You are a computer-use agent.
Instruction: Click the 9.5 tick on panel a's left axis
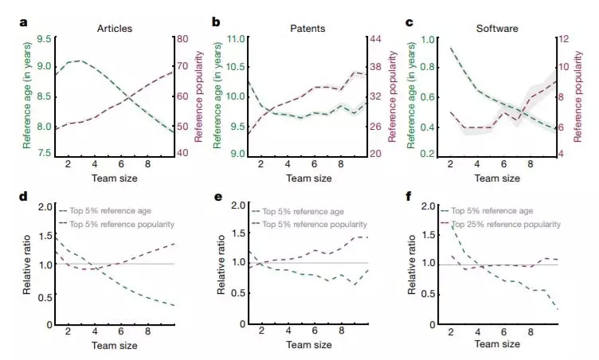[45, 39]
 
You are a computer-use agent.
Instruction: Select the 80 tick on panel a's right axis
[181, 39]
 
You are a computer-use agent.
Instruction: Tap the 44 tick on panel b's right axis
[375, 39]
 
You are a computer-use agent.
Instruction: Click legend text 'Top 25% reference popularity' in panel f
[506, 225]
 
